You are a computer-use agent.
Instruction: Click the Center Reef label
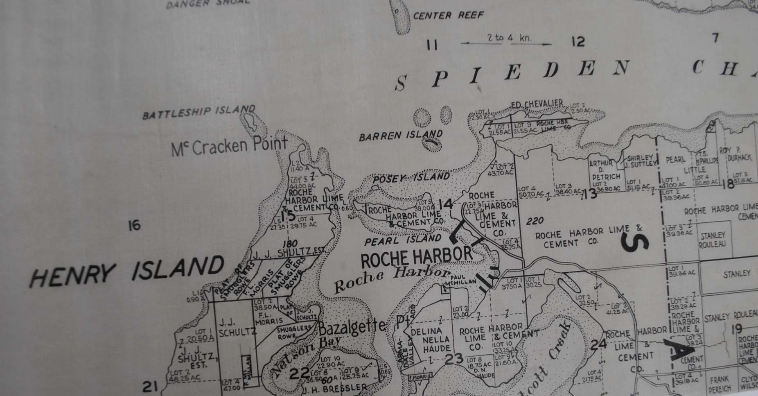pos(448,16)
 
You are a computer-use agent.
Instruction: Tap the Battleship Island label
pos(199,112)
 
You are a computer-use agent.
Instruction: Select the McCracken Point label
pos(229,147)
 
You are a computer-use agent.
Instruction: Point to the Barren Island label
pos(400,135)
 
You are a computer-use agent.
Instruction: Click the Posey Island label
pos(411,178)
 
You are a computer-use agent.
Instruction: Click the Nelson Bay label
pos(305,354)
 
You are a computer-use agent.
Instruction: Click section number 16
pos(134,225)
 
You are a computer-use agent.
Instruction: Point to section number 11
pos(431,44)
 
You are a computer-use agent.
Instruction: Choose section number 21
pos(150,386)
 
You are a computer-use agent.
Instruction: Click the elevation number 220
pos(535,222)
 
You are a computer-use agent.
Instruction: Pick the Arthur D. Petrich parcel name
pos(605,170)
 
